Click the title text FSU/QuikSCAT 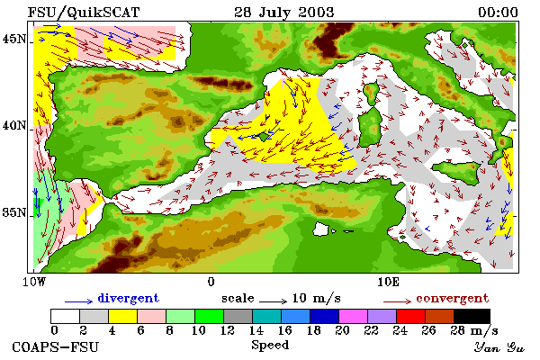point(84,13)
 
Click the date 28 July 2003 point(284,13)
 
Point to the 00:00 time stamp point(498,13)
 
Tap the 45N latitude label point(14,39)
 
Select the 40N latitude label point(14,125)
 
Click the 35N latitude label point(14,212)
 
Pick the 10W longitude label point(34,282)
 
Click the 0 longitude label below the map point(211,282)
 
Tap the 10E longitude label point(388,282)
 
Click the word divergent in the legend point(129,298)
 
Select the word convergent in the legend point(452,298)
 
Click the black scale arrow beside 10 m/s point(273,301)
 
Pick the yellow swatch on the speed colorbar point(123,316)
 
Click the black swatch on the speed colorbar point(472,316)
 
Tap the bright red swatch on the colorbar point(410,316)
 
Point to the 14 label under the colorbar point(256,330)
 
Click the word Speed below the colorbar point(270,345)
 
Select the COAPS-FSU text point(56,346)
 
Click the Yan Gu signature point(499,347)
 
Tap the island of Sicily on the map point(457,171)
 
